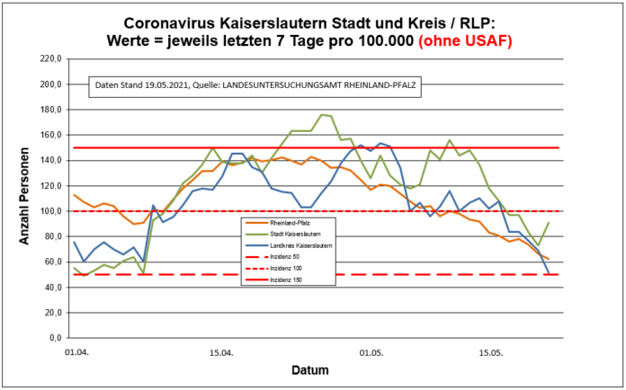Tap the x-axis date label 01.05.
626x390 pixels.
[x=371, y=352]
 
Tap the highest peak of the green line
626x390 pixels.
[x=322, y=114]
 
